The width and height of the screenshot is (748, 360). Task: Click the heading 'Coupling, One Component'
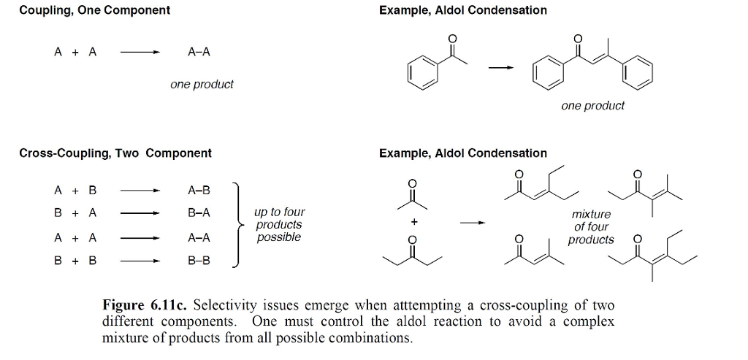click(x=94, y=10)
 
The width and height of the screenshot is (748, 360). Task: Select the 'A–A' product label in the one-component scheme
click(x=199, y=52)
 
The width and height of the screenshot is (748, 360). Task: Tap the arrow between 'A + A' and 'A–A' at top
click(x=140, y=53)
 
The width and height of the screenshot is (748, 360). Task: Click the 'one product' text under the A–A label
click(x=202, y=85)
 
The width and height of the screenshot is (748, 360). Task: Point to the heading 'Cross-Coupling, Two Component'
click(x=115, y=153)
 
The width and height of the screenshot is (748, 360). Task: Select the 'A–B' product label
click(x=199, y=191)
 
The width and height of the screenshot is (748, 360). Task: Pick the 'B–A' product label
click(x=199, y=213)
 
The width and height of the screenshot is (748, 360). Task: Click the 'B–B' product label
click(x=199, y=260)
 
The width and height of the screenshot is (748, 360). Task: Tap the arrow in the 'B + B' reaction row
click(x=140, y=260)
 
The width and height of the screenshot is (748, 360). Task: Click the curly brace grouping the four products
click(x=238, y=225)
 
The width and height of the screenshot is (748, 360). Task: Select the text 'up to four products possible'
click(x=278, y=225)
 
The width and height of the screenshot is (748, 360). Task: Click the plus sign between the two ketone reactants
click(x=413, y=220)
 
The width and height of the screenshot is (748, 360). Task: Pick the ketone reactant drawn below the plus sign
click(x=413, y=251)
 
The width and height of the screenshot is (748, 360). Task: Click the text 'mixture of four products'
click(x=592, y=227)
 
